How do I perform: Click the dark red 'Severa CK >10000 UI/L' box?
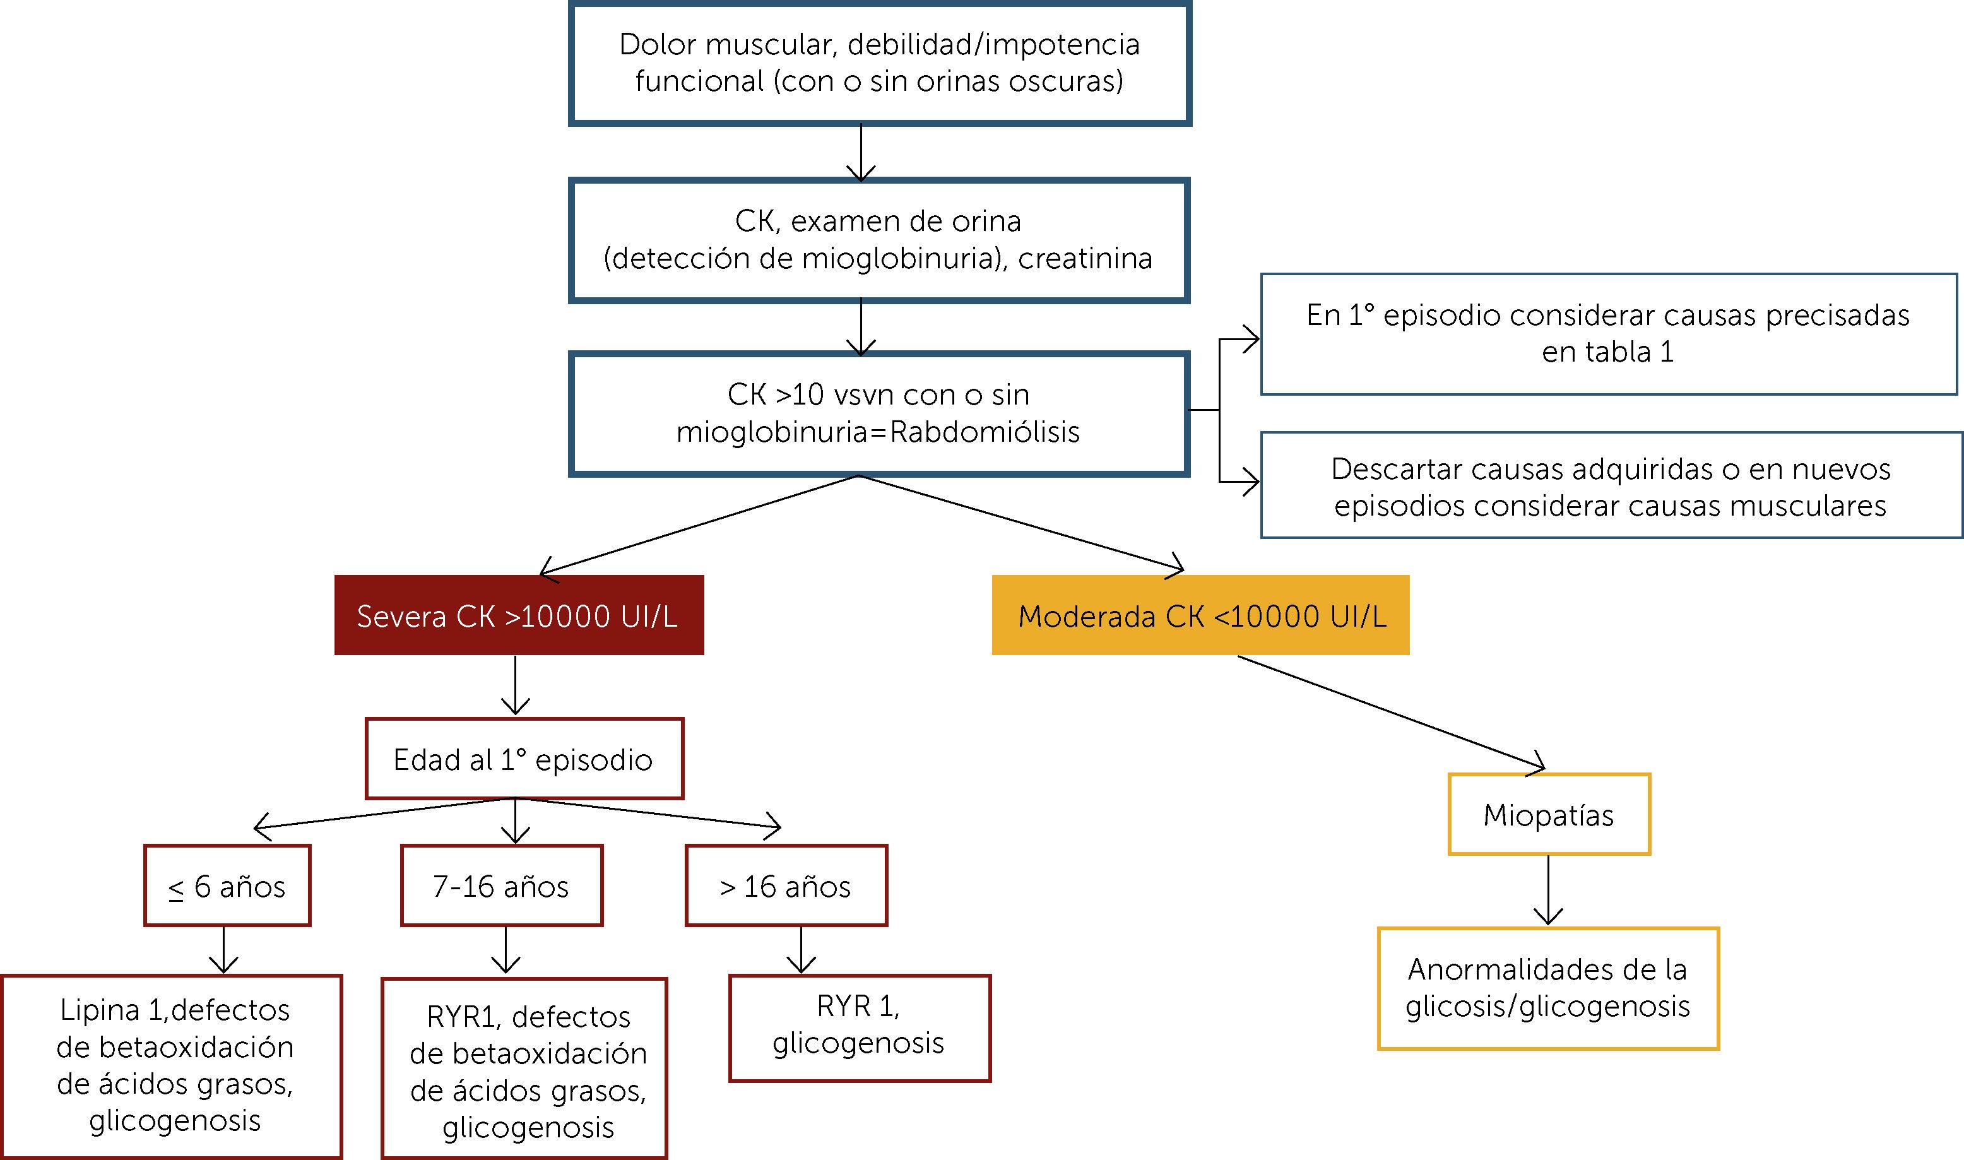click(518, 615)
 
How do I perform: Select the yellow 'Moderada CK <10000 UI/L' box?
click(1200, 615)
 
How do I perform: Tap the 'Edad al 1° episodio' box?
click(524, 759)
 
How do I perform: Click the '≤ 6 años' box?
click(227, 885)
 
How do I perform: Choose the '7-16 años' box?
click(501, 885)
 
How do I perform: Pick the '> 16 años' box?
click(786, 885)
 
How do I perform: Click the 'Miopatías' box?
click(1548, 815)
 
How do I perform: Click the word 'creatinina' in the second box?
click(1085, 258)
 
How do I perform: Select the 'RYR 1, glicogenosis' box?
click(859, 1027)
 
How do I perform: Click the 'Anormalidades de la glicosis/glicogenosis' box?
click(1547, 988)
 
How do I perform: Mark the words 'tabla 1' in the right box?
click(1607, 352)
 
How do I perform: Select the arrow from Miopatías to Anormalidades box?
click(1548, 891)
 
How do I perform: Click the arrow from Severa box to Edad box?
click(515, 685)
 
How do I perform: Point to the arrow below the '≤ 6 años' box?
click(224, 950)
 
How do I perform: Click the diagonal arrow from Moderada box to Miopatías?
click(1391, 711)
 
